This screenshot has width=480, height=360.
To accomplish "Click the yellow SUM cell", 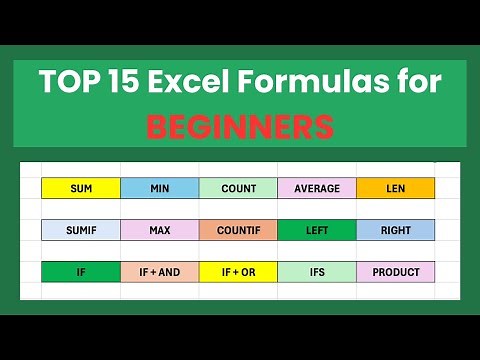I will coord(81,188).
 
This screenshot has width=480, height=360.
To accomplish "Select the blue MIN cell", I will coord(159,188).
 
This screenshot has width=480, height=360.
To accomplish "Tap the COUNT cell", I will coord(238,188).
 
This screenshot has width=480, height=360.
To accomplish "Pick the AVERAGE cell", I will coord(317,188).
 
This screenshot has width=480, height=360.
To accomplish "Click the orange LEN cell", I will coord(395,188).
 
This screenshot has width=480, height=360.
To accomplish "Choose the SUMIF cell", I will coord(81,230).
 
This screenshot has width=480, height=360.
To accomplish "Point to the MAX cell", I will coord(159,230).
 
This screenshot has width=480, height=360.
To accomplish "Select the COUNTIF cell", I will coord(238,230).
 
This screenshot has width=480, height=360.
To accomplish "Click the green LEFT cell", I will coord(317,230).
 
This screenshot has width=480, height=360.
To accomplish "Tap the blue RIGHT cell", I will coord(395,230).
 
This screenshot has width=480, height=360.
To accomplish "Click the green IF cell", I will coord(81,272).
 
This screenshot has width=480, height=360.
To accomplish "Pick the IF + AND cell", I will coord(159,272).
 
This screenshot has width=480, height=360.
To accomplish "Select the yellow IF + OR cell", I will coord(238,272).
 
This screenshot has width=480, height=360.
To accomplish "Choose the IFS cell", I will coord(317,272).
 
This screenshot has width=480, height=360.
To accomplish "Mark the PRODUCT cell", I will coord(395,272).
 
